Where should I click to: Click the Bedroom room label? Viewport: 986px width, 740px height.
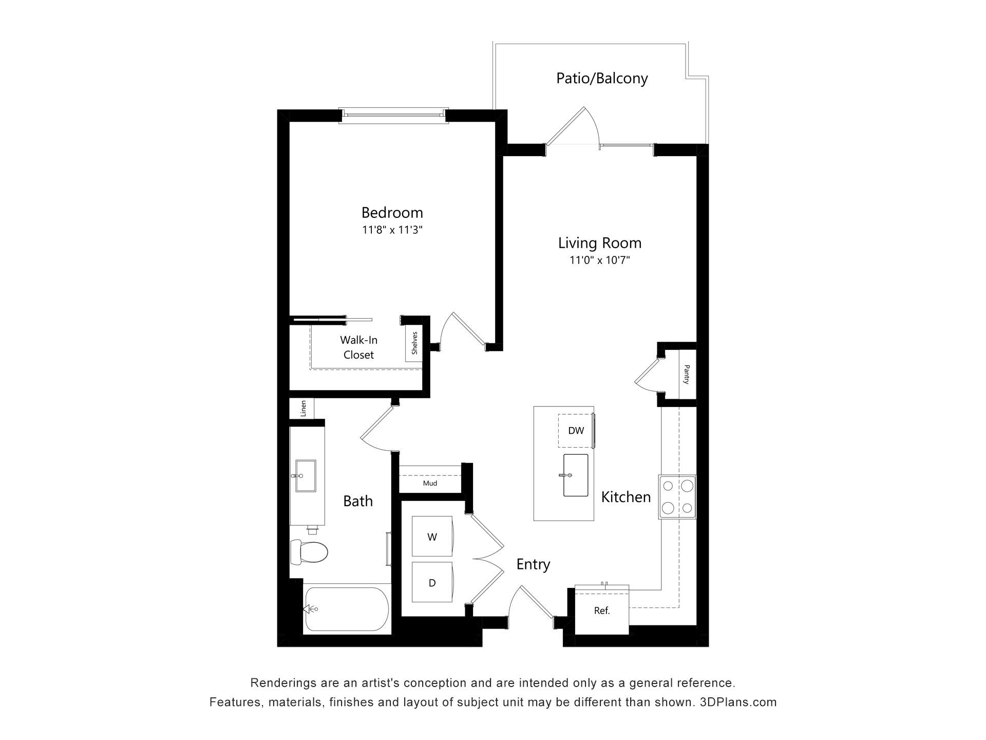(x=392, y=212)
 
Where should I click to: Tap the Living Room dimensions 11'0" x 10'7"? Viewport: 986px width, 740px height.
(x=599, y=260)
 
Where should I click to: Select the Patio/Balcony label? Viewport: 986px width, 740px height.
(x=602, y=78)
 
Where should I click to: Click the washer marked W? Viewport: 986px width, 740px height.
(x=432, y=536)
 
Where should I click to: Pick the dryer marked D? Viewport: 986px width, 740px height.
(x=432, y=582)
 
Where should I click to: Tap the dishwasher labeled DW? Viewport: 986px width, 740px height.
(x=576, y=430)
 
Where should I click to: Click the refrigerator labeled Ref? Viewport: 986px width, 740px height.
(x=602, y=610)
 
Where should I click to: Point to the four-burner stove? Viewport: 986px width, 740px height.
(x=677, y=497)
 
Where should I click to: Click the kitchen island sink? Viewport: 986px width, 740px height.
(x=576, y=475)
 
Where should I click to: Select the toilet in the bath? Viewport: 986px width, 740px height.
(x=309, y=552)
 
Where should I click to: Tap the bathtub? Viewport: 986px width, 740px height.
(x=347, y=609)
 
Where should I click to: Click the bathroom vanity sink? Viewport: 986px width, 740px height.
(x=306, y=476)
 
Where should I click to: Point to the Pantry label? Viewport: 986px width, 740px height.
(x=687, y=374)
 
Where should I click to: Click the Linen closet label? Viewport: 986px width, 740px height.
(x=303, y=409)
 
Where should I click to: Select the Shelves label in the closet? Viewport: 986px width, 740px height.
(x=414, y=343)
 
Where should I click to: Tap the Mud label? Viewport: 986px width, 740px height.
(x=430, y=483)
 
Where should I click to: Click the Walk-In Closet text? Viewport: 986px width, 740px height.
(x=358, y=347)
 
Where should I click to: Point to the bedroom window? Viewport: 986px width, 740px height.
(x=393, y=116)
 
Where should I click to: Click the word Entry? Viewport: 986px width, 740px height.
(x=533, y=564)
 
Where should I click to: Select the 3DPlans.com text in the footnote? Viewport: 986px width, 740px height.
(x=738, y=702)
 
